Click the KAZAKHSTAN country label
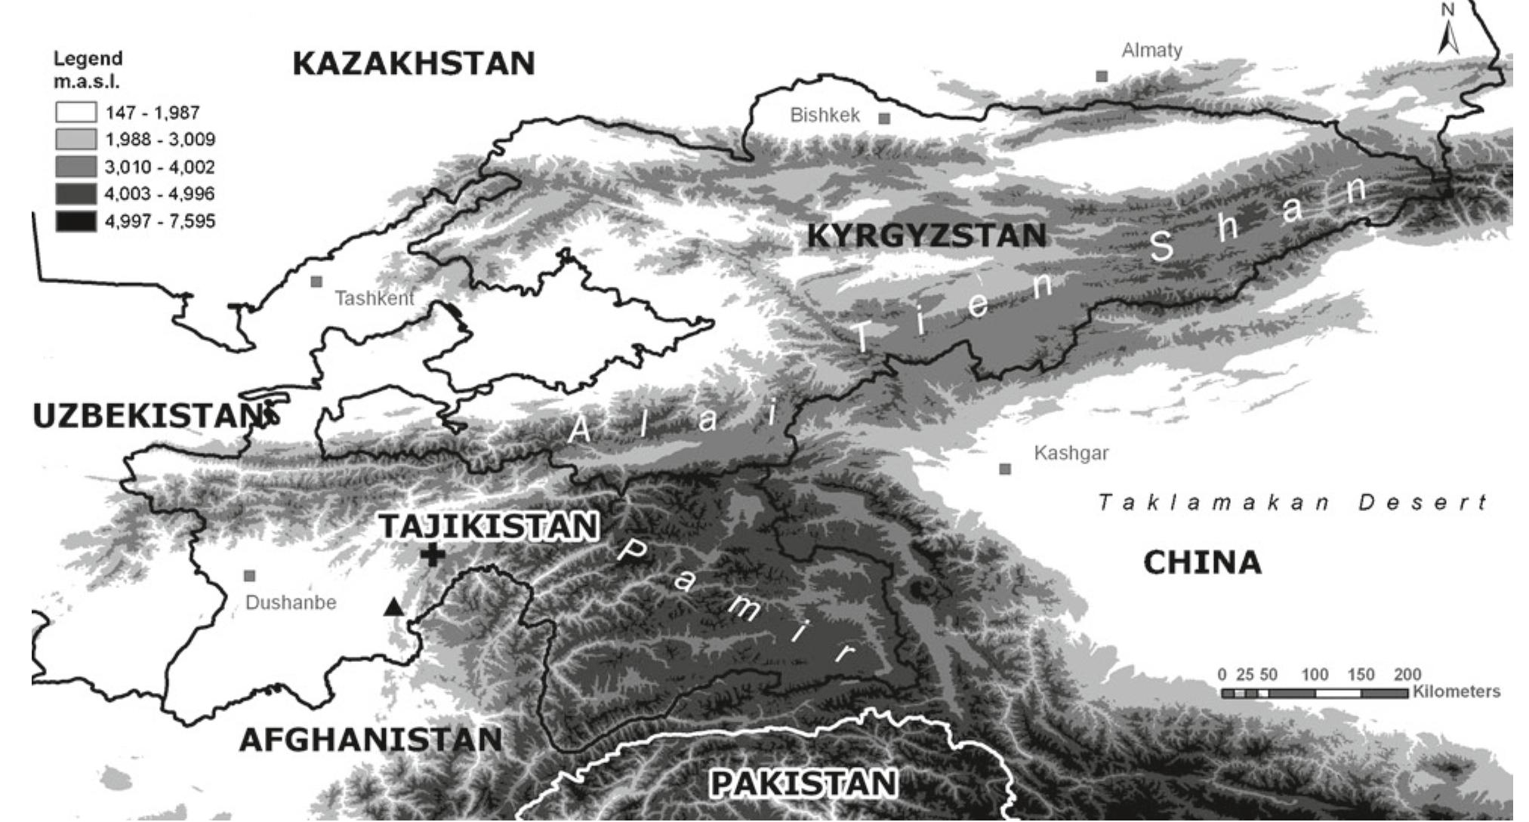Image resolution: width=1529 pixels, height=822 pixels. click(x=413, y=63)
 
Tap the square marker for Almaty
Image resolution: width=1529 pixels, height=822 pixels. click(x=1102, y=76)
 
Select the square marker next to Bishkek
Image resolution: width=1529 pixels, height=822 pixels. click(x=884, y=119)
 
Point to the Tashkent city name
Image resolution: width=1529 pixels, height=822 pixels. click(x=375, y=298)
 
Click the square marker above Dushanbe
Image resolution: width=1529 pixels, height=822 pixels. click(x=250, y=576)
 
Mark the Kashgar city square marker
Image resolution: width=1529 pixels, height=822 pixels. click(x=1005, y=469)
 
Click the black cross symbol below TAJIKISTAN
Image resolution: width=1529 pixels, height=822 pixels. click(x=433, y=556)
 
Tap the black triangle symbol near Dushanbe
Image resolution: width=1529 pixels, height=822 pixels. click(x=393, y=606)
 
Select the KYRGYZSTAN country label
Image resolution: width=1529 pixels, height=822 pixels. click(x=926, y=236)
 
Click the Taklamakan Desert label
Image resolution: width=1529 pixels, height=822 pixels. click(x=1292, y=502)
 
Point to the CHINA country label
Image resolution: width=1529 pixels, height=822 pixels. click(x=1202, y=563)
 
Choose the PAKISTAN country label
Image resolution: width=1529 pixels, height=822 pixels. click(x=803, y=784)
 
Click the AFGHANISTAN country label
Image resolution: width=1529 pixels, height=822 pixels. click(x=371, y=740)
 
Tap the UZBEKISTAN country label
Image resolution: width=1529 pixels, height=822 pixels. click(x=147, y=417)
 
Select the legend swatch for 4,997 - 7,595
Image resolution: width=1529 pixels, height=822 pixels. click(x=76, y=221)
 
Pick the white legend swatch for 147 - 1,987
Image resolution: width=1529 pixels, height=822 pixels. click(x=76, y=112)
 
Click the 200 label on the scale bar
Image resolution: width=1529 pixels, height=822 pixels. click(x=1407, y=674)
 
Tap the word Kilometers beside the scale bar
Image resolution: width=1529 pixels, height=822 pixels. click(x=1457, y=691)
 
